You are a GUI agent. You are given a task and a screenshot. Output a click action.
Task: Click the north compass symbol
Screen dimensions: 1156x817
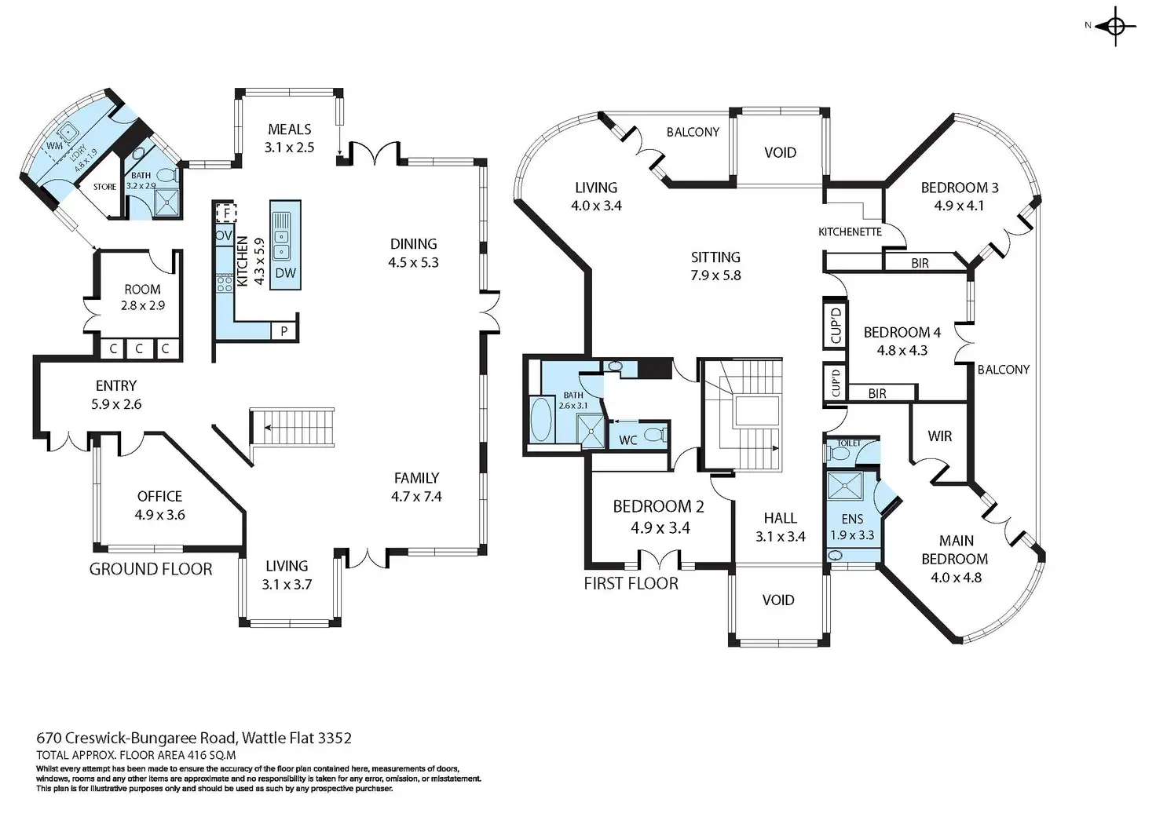1116,27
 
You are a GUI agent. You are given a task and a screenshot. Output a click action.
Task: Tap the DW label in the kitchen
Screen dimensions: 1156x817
286,273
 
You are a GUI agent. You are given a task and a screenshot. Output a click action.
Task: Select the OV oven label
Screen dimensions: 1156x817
224,235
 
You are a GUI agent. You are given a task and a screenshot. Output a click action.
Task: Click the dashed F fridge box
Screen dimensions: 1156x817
226,213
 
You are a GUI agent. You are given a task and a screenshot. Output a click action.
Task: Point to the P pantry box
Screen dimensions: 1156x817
284,331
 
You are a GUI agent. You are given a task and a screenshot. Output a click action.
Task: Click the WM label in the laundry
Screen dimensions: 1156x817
54,146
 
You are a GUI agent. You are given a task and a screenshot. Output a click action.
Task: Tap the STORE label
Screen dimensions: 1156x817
104,187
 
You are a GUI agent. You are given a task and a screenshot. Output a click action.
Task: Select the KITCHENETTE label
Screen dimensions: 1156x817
850,232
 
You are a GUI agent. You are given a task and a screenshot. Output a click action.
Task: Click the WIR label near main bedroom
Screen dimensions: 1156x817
940,436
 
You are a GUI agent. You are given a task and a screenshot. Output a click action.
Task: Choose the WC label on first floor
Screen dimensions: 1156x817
628,440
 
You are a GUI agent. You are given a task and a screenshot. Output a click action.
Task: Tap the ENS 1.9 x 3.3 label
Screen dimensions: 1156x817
852,527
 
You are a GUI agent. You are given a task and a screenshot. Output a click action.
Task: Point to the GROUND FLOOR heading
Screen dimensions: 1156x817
151,569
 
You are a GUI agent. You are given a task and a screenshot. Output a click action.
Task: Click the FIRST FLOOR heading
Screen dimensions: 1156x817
631,583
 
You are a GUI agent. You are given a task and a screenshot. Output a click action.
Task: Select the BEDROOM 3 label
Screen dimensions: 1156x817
960,188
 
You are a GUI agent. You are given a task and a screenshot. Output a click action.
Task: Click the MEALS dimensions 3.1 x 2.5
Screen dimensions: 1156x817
290,148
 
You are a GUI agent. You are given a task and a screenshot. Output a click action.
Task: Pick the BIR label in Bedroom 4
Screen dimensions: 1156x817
877,393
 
